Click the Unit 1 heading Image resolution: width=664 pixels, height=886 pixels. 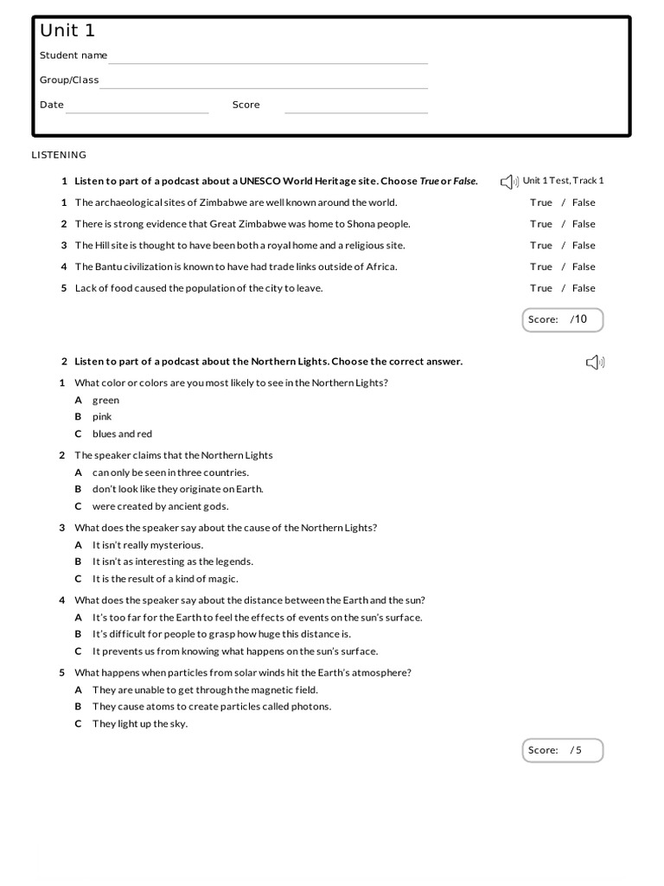click(x=67, y=31)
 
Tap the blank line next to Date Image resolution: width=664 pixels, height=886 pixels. click(x=137, y=110)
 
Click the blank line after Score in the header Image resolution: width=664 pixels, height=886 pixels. click(x=356, y=110)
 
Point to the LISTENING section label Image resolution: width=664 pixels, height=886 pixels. click(x=59, y=155)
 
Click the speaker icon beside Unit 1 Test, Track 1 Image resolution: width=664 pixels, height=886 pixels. click(x=508, y=182)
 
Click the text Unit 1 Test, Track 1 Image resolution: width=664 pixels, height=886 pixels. click(x=564, y=181)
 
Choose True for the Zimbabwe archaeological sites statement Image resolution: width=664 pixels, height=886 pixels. click(x=541, y=202)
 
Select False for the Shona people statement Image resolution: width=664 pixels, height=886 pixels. click(x=584, y=224)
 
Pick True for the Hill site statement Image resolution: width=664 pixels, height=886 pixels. click(x=541, y=246)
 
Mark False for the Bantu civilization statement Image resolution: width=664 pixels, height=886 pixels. click(x=584, y=266)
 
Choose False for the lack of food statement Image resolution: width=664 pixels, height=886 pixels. click(x=584, y=288)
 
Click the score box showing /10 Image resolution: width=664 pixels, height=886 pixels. click(x=563, y=319)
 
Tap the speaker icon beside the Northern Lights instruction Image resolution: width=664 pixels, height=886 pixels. click(x=594, y=363)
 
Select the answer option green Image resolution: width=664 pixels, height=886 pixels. click(x=105, y=401)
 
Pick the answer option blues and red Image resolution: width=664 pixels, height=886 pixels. click(x=122, y=434)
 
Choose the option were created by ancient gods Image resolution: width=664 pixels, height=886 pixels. click(x=160, y=507)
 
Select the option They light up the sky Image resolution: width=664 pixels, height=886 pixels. click(x=139, y=724)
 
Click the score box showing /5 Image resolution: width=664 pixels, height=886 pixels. click(x=563, y=750)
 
